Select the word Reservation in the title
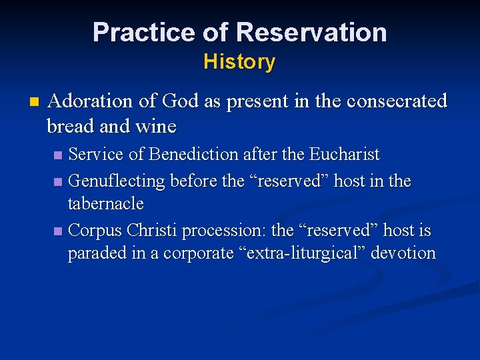click(x=311, y=32)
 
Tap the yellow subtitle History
click(x=239, y=62)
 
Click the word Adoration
click(x=91, y=101)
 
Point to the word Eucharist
click(x=344, y=155)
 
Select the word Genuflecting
click(x=117, y=181)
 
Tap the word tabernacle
click(x=105, y=203)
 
